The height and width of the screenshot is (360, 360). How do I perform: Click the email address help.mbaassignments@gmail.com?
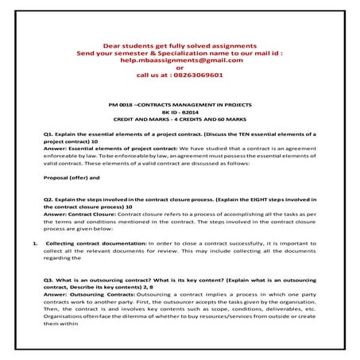click(180, 60)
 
